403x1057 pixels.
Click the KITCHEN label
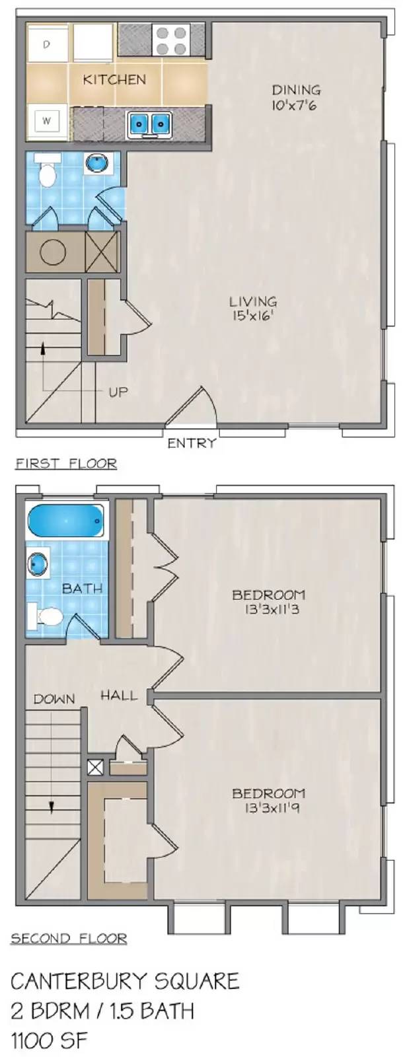114,79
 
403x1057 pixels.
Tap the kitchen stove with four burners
171,40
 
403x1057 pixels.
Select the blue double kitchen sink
150,124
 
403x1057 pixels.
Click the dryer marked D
47,44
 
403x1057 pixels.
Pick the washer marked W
47,121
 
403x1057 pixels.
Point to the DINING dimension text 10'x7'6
295,104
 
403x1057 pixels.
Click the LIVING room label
252,302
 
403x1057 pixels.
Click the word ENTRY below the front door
192,443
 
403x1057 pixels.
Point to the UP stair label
118,392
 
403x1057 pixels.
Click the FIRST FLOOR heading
66,464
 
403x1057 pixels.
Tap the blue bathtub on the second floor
66,521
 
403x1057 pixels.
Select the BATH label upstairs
82,587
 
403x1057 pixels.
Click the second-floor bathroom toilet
46,616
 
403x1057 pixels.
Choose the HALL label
119,695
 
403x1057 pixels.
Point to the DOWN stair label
54,698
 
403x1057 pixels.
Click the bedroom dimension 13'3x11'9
268,808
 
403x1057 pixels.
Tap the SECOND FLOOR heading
69,938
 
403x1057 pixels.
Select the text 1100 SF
50,1041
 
